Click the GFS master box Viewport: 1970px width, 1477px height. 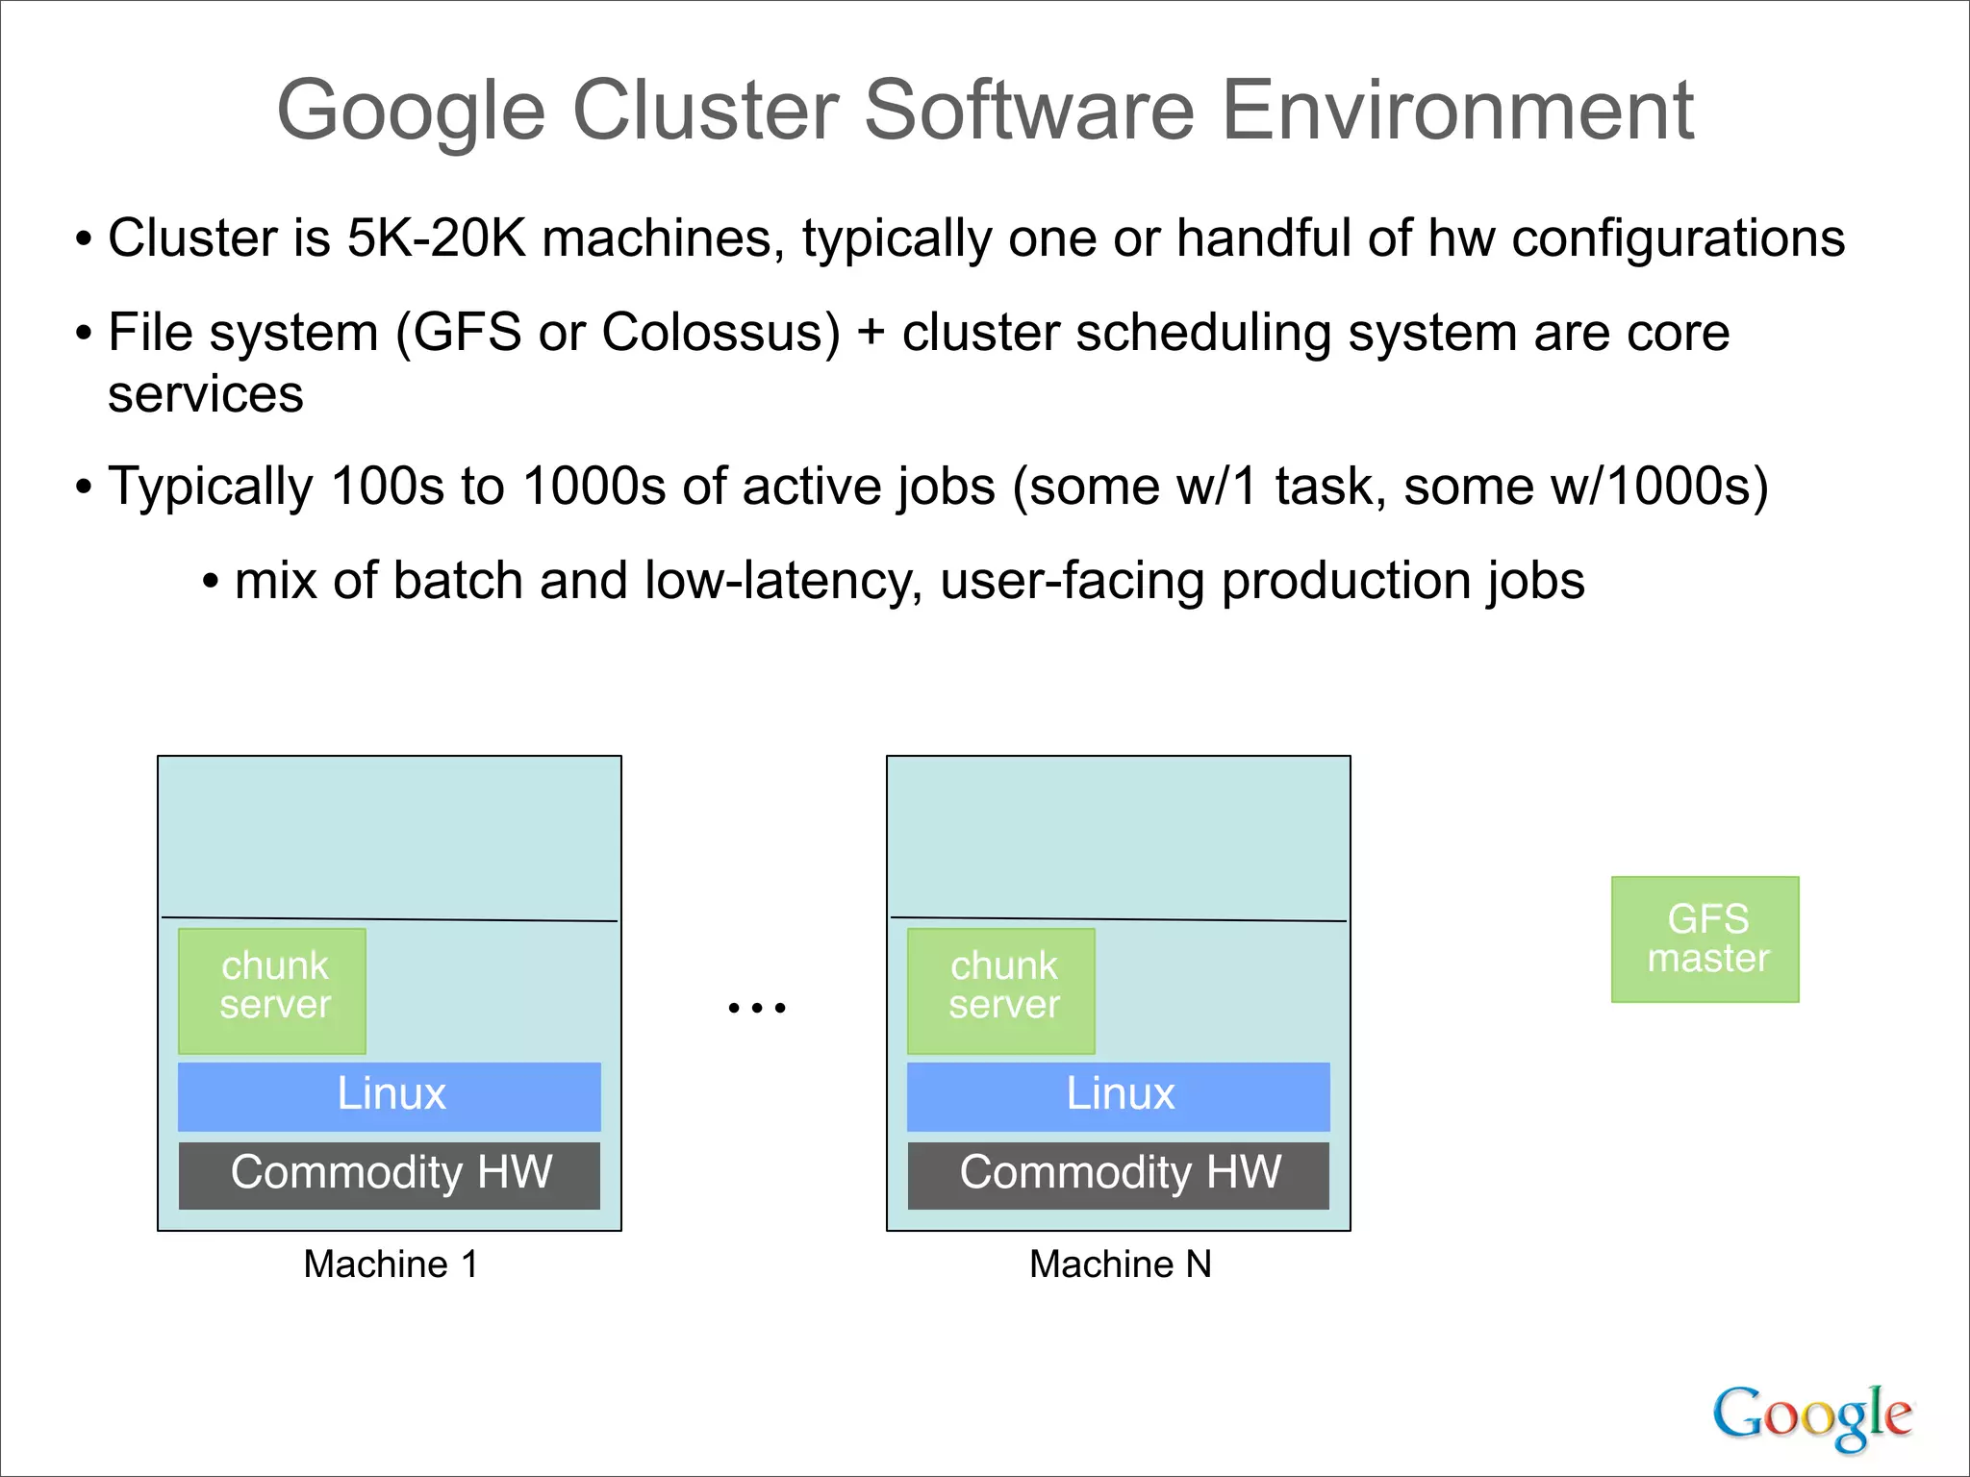pos(1705,939)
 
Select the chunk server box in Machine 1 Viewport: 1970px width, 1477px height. pos(272,990)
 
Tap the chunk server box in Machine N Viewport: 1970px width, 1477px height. pos(1001,990)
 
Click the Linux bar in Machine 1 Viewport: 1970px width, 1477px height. pos(390,1096)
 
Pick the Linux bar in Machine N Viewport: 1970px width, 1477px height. pos(1119,1096)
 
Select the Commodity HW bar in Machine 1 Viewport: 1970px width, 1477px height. pos(390,1174)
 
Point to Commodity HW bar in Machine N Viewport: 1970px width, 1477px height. pos(1119,1174)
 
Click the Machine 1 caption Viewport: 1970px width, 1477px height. pos(391,1264)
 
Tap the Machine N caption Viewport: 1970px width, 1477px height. pos(1120,1264)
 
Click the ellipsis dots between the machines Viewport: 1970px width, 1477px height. pos(757,1008)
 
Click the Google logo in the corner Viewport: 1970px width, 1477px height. pos(1811,1416)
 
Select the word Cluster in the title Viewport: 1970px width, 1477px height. pos(706,111)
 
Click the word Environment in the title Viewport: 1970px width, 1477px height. pos(1457,111)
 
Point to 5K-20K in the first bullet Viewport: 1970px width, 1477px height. pos(437,238)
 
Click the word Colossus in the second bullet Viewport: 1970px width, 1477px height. pos(720,333)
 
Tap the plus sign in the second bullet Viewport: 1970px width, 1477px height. pos(871,334)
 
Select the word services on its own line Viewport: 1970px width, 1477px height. pos(206,394)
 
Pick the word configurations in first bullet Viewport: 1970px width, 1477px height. pos(1678,238)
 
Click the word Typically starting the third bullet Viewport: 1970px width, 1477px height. pos(211,487)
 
